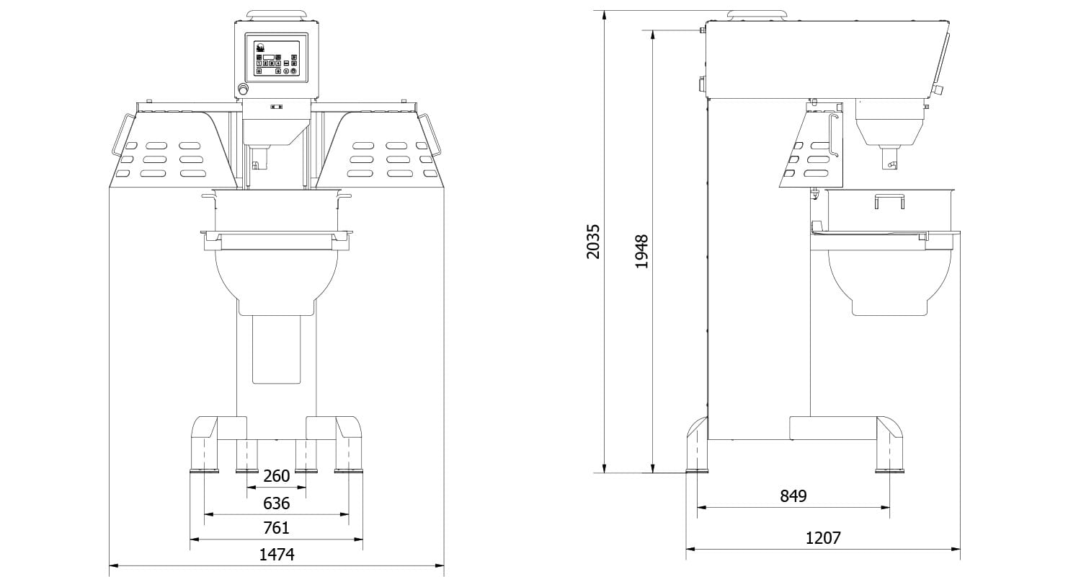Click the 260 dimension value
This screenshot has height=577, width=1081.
(276, 476)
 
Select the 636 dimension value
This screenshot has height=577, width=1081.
(276, 503)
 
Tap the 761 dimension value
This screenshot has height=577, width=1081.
(276, 528)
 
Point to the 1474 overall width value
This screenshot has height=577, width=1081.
(276, 554)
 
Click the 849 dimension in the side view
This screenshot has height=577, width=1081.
(793, 496)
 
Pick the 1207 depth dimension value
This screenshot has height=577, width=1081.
(822, 538)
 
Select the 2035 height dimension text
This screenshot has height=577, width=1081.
(592, 242)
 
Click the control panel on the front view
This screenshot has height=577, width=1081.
(276, 58)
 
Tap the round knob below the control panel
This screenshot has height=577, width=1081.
(244, 89)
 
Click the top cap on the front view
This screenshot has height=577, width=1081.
(276, 14)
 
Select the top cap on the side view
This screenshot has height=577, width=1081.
(757, 15)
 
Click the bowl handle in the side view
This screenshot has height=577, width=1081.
(889, 201)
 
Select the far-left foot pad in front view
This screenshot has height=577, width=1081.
(204, 472)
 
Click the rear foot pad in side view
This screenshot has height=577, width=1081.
(697, 472)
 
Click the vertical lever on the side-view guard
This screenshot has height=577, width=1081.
(834, 134)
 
